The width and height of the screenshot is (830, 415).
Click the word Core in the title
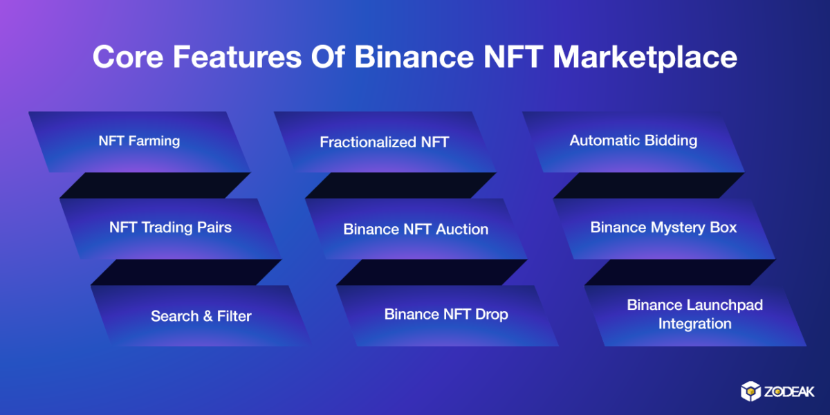pos(128,57)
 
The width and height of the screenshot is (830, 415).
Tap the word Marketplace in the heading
pos(645,58)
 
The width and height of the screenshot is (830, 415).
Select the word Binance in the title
pos(414,57)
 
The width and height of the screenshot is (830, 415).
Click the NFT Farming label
pos(139,141)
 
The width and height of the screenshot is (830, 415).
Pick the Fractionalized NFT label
pos(385,142)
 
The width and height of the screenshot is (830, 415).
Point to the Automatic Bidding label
pos(634,141)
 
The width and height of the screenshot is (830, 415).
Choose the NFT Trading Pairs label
pos(170,228)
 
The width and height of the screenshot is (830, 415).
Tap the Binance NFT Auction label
pos(416,230)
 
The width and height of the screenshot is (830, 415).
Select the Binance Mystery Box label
pos(663,228)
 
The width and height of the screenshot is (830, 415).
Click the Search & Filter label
pos(201,316)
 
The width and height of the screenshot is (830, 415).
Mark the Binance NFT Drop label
pos(446,315)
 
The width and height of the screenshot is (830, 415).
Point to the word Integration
pos(694,324)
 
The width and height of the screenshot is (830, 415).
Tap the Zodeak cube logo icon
pos(750,391)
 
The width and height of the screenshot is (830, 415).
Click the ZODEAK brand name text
pos(789,391)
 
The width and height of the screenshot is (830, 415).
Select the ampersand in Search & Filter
pos(208,317)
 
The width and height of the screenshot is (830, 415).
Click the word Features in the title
pos(237,57)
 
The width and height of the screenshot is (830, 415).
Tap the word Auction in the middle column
pos(462,230)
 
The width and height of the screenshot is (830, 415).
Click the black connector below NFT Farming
pos(155,185)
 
